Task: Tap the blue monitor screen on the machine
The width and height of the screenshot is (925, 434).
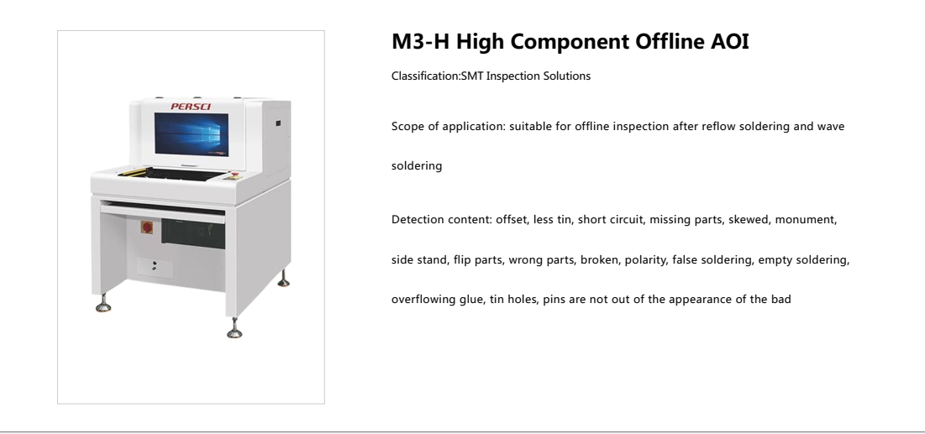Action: tap(192, 133)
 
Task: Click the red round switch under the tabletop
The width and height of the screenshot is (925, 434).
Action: tap(145, 228)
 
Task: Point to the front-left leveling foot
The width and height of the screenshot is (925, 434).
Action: tap(103, 304)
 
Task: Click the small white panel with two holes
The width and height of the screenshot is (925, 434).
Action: tap(154, 266)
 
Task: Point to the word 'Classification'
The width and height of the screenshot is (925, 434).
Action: tap(421, 76)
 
